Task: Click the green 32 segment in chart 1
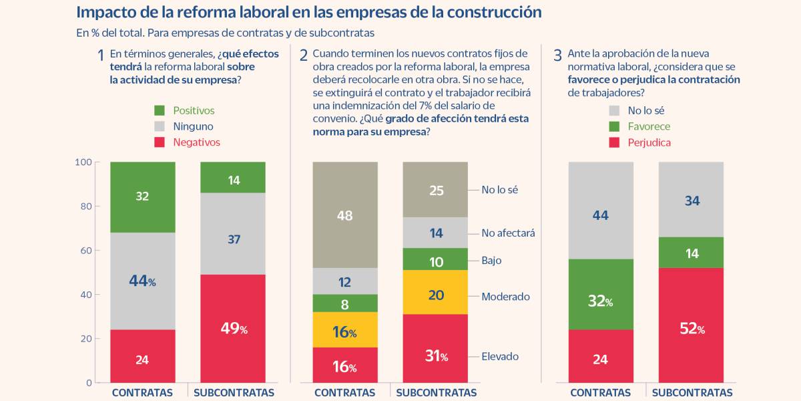point(142,196)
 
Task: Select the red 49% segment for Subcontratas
point(233,328)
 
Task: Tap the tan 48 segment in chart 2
point(345,215)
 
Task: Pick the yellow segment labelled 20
point(435,295)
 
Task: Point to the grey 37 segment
point(233,239)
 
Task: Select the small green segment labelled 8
point(345,303)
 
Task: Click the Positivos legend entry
point(194,110)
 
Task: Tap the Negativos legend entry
point(196,142)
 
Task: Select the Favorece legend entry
point(649,126)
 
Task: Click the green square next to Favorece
point(613,126)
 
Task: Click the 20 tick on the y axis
point(85,339)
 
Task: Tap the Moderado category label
point(505,296)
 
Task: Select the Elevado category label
point(500,356)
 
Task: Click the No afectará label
point(508,233)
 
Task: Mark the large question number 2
point(303,55)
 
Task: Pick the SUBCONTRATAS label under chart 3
point(692,393)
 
